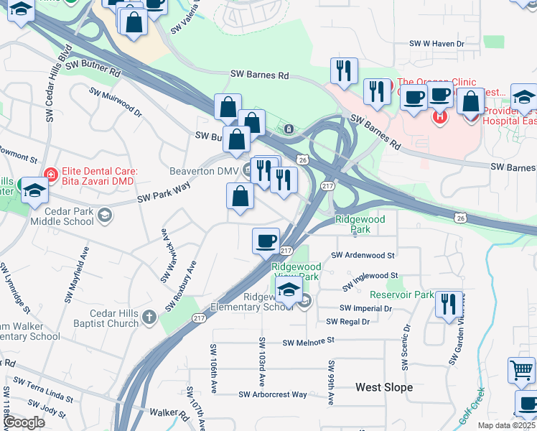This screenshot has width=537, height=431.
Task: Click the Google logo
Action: [x=24, y=423]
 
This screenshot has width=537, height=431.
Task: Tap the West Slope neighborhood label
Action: [x=384, y=387]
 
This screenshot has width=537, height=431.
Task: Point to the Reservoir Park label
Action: [x=402, y=295]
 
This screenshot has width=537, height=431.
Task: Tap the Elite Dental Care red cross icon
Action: [x=50, y=173]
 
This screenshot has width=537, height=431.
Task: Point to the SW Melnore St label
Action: [x=309, y=343]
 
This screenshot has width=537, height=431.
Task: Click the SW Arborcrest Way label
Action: [x=273, y=394]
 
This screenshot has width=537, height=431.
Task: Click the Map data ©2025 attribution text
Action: [x=507, y=425]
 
